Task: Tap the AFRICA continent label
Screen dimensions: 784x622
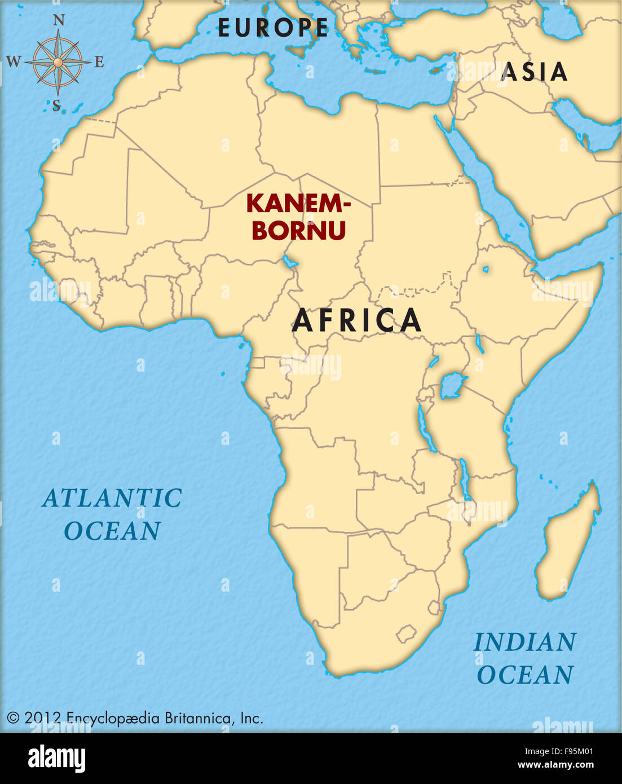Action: [357, 320]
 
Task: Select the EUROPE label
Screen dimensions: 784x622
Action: [273, 28]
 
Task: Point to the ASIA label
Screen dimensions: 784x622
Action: [534, 72]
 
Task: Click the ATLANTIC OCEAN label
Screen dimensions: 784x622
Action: [112, 514]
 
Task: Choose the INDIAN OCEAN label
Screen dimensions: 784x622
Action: [525, 658]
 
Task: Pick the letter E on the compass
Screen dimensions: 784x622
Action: [99, 62]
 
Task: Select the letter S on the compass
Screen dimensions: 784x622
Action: [56, 105]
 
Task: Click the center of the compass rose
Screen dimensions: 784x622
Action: [58, 61]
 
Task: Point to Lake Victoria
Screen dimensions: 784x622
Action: [452, 386]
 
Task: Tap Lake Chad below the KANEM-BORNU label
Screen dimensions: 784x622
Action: [290, 262]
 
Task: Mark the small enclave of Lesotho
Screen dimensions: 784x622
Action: [407, 634]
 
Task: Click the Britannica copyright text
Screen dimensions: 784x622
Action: [135, 718]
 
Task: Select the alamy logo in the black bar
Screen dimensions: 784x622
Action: [57, 759]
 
